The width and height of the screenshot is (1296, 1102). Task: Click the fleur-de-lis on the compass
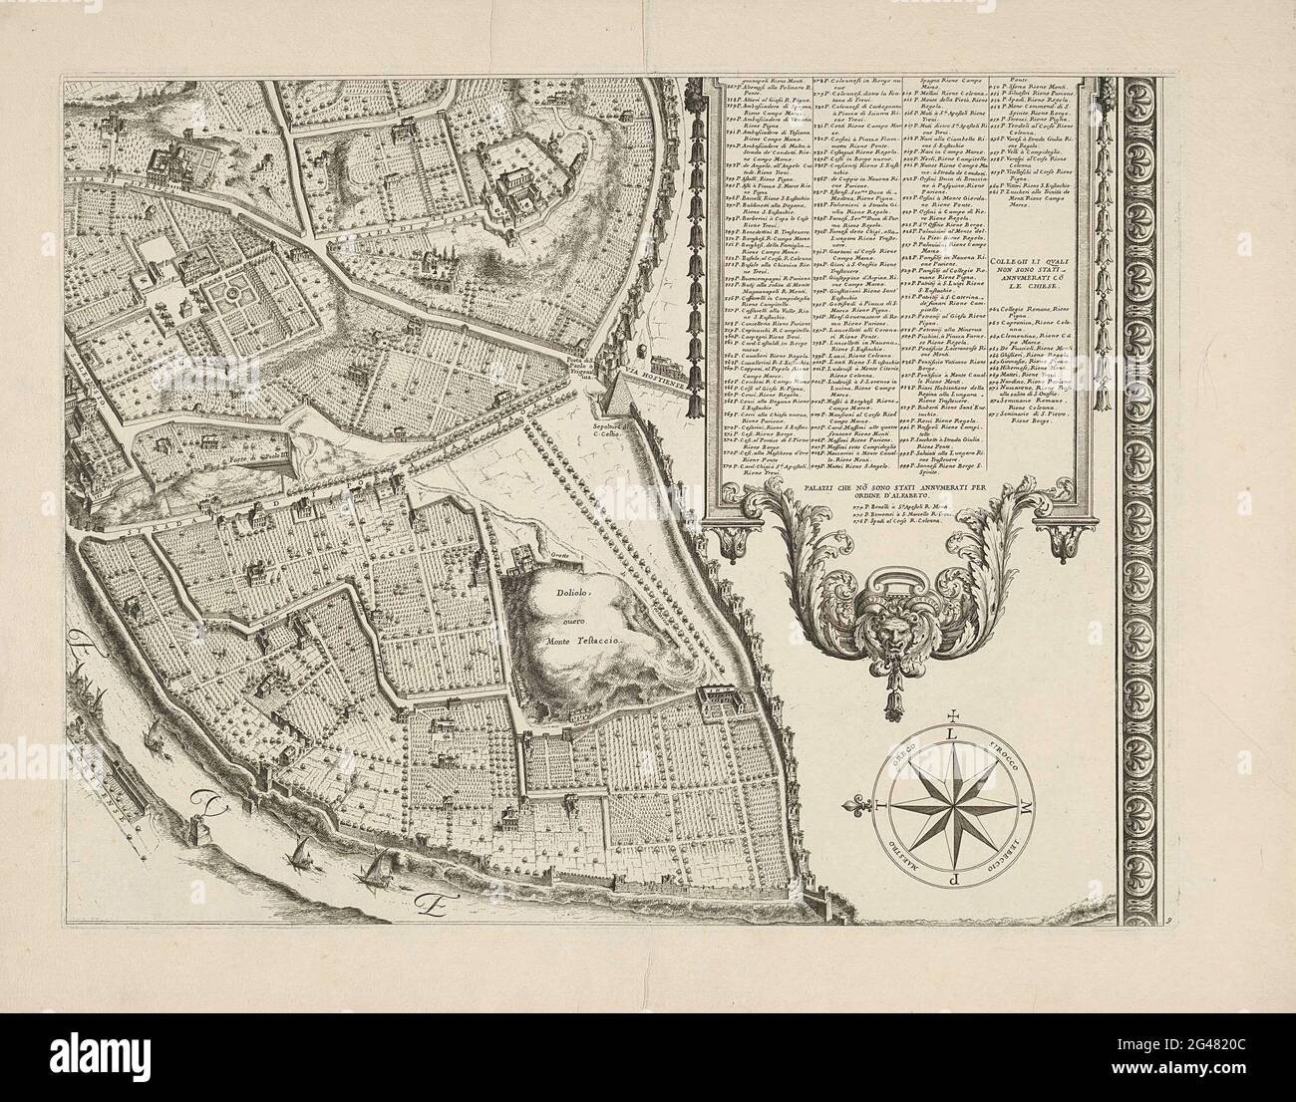click(x=877, y=805)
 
